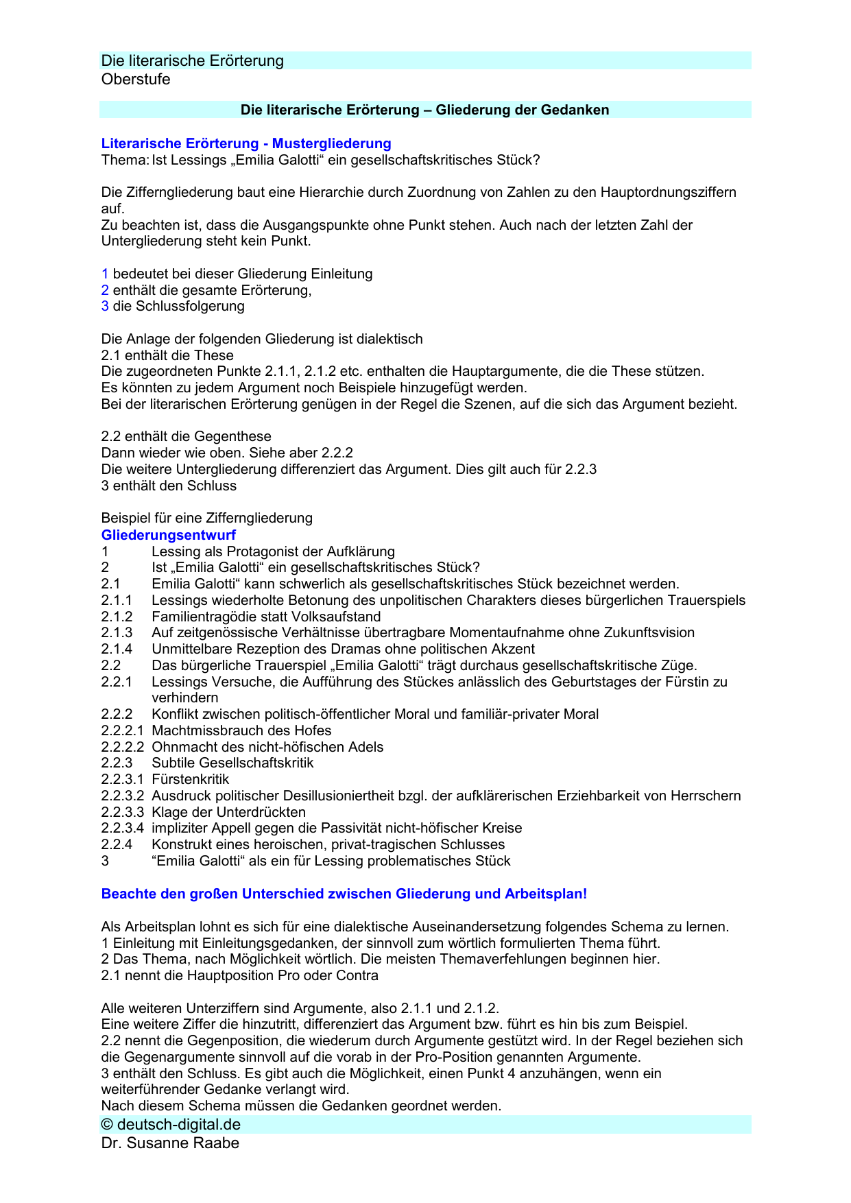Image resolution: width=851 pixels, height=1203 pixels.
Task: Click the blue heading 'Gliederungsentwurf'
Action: click(x=168, y=535)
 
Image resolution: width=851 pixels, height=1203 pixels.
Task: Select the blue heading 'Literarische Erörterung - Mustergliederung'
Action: click(x=246, y=143)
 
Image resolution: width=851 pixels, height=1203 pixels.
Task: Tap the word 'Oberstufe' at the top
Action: click(x=136, y=80)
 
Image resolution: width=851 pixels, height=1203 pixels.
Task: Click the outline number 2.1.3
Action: click(x=117, y=633)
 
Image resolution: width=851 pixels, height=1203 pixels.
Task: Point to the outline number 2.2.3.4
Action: click(x=123, y=829)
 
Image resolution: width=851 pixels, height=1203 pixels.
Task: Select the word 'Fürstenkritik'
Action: click(x=190, y=780)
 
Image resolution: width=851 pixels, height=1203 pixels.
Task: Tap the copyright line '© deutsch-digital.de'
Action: click(x=171, y=1125)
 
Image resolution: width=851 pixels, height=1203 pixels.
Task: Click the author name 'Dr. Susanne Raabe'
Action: click(x=170, y=1143)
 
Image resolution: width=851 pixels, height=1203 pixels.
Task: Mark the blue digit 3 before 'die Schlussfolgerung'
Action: click(x=105, y=307)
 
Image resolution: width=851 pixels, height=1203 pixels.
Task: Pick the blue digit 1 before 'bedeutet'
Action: click(x=105, y=274)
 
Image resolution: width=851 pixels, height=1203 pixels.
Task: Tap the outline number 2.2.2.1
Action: click(x=123, y=731)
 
